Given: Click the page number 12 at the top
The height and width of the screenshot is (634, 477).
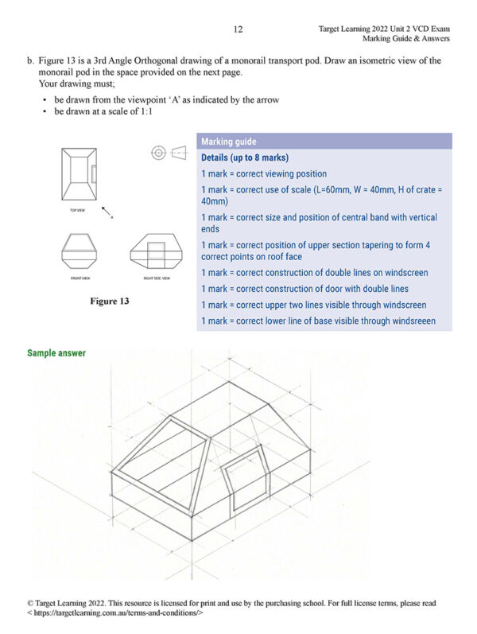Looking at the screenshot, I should [238, 29].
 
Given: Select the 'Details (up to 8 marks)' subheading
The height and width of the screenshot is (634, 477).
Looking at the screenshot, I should [244, 158].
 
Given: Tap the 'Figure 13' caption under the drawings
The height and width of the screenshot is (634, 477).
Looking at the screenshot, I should [111, 301].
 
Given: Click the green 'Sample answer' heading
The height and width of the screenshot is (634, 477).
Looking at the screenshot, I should [56, 352].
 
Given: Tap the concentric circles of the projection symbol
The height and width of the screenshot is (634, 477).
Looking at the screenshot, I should [157, 152].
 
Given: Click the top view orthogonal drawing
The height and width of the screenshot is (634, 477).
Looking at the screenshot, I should [79, 174].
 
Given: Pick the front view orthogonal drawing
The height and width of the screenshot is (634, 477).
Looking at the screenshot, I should [78, 251].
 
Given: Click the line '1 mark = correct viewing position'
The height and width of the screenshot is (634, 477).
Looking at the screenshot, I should [263, 173].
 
